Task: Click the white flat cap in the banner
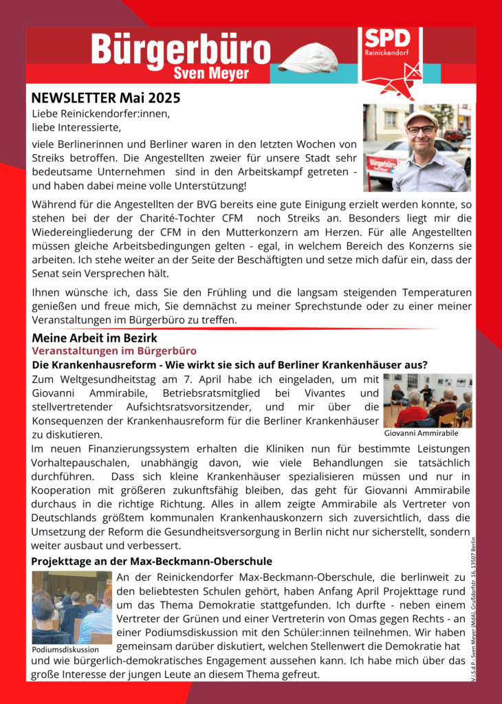(x=307, y=58)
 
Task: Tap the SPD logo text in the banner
(x=386, y=38)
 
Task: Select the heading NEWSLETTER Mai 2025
(x=106, y=97)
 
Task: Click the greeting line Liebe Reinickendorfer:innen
(x=100, y=113)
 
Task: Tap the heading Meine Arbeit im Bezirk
(x=94, y=338)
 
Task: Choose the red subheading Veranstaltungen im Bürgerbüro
(x=114, y=351)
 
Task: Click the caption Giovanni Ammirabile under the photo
(x=421, y=434)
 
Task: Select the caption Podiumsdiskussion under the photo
(x=65, y=649)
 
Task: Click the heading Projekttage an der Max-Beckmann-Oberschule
(x=151, y=562)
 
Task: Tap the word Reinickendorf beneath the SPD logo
(x=387, y=52)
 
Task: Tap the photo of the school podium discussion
(x=72, y=607)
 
